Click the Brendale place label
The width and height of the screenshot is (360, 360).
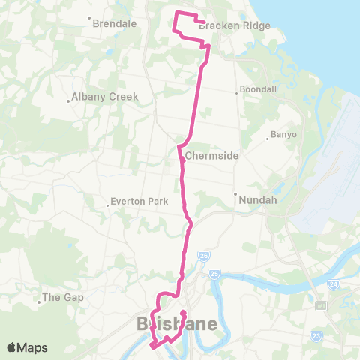[x=114, y=23]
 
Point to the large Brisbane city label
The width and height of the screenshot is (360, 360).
[x=177, y=324]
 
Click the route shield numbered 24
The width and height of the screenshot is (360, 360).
[x=333, y=284]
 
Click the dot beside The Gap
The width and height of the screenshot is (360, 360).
[x=39, y=303]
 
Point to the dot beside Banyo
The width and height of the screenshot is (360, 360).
[x=268, y=137]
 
